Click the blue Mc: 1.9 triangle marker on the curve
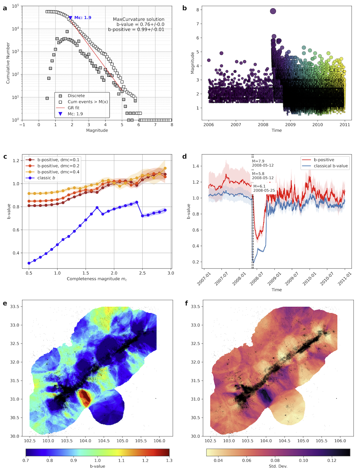tap(70, 18)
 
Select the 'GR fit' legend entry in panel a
tap(73, 108)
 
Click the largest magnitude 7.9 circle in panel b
tap(273, 11)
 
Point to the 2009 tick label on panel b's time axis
tap(290, 125)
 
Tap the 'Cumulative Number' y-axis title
tap(8, 63)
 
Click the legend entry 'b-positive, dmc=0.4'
tap(58, 172)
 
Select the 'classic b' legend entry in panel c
tap(46, 178)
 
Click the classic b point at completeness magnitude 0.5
tap(29, 263)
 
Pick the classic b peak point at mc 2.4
tap(137, 202)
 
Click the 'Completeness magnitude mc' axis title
tap(97, 279)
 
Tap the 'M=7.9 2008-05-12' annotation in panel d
tap(263, 163)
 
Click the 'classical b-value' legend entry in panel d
tap(331, 166)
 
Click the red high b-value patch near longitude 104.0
tap(85, 398)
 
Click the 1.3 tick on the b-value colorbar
tap(169, 460)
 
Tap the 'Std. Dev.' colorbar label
tap(278, 466)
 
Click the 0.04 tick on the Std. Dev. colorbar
tap(218, 460)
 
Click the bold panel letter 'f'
tap(187, 303)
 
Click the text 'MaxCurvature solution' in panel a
tap(139, 19)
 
